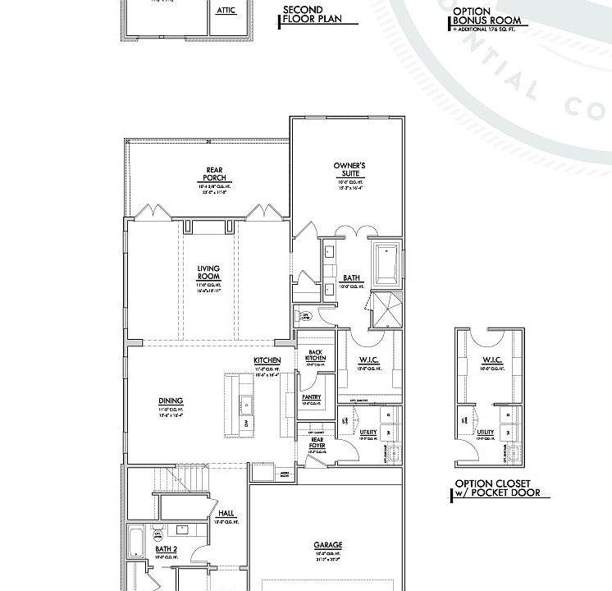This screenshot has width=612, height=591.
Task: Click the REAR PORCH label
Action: pyautogui.click(x=214, y=175)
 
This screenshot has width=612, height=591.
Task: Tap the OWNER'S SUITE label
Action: pyautogui.click(x=349, y=170)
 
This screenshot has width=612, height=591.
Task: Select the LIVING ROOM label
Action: pyautogui.click(x=208, y=273)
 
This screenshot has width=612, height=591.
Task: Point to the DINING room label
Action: pyautogui.click(x=171, y=401)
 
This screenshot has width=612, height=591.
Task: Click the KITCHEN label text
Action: pyautogui.click(x=267, y=361)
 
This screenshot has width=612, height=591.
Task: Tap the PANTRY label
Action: pyautogui.click(x=311, y=397)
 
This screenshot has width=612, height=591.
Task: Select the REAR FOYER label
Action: pyautogui.click(x=317, y=441)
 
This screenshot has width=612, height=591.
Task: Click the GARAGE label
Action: pyautogui.click(x=327, y=545)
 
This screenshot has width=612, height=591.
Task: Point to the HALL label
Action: pyautogui.click(x=226, y=513)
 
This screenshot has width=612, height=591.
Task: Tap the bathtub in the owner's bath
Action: pyautogui.click(x=386, y=264)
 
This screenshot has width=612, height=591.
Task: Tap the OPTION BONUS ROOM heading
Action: pyautogui.click(x=486, y=16)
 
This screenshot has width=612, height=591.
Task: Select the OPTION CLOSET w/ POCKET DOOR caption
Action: pyautogui.click(x=498, y=488)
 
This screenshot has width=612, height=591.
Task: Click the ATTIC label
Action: pyautogui.click(x=226, y=11)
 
